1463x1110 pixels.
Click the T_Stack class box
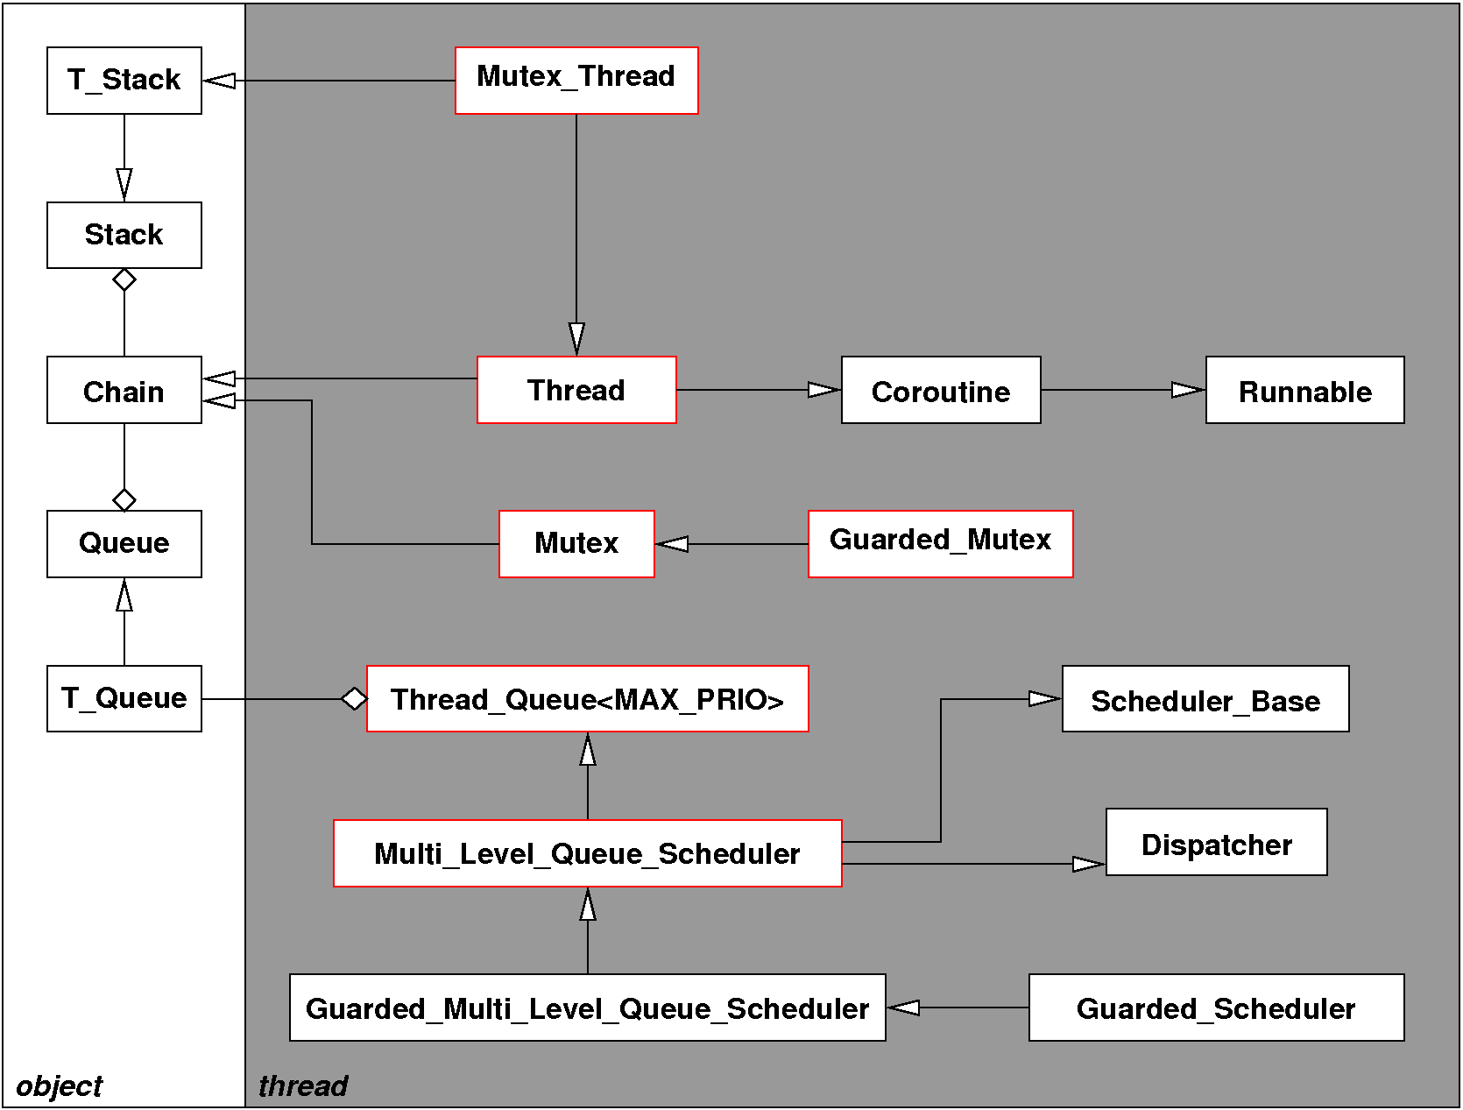(124, 81)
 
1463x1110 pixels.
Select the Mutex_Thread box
(576, 81)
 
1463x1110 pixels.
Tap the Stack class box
(124, 235)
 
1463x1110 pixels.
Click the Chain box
(124, 390)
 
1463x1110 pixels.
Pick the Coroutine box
(941, 390)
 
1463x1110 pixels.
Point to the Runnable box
(1304, 390)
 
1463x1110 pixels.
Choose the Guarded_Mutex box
(940, 543)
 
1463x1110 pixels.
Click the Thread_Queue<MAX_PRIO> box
(587, 698)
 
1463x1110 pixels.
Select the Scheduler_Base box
(1205, 698)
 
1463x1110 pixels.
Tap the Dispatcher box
(1216, 842)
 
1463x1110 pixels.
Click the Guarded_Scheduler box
(1216, 1007)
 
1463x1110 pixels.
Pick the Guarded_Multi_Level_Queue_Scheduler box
(587, 1007)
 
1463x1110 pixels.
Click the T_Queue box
(124, 698)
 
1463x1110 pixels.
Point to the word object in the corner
(59, 1086)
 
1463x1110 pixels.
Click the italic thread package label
(303, 1086)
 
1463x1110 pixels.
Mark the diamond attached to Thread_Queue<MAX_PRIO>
(354, 698)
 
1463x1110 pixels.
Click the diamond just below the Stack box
(124, 280)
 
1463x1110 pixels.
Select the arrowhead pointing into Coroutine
(823, 390)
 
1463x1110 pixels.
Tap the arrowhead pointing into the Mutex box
(673, 544)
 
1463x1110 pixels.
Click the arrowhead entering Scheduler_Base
(1044, 698)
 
